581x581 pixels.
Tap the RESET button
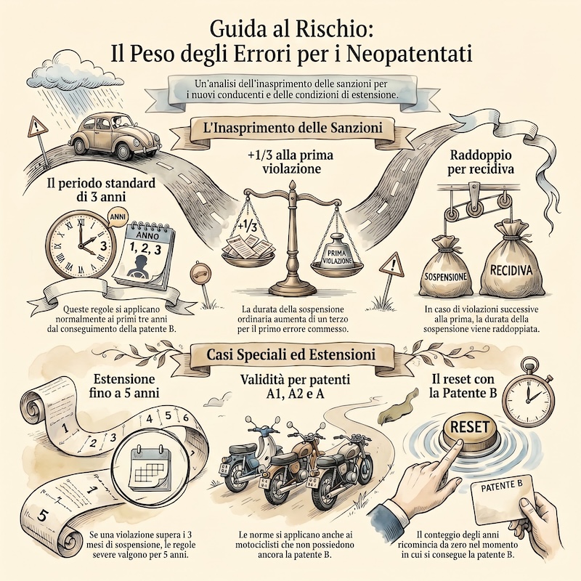point(470,431)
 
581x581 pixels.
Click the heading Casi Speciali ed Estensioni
point(290,354)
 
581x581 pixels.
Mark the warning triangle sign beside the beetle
point(37,128)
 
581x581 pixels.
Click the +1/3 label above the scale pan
point(248,226)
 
